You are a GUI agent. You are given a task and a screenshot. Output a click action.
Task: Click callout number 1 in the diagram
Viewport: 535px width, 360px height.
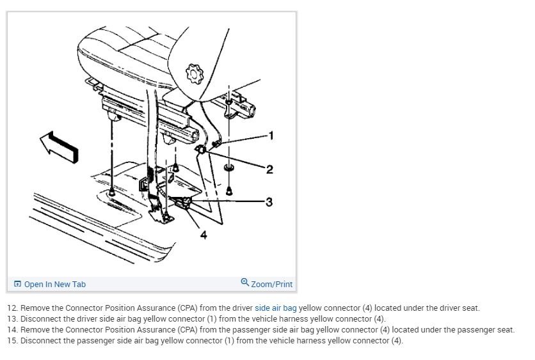coord(271,136)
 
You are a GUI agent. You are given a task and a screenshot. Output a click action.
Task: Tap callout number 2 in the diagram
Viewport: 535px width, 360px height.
coord(269,169)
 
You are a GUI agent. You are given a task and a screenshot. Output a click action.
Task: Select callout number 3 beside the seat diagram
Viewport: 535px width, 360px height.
coord(269,202)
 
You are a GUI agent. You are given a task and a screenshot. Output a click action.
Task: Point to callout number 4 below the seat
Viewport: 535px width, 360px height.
coord(204,235)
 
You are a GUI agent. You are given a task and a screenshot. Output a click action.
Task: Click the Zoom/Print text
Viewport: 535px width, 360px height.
coord(271,284)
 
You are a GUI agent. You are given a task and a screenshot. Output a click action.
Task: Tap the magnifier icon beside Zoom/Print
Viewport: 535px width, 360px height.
coord(244,283)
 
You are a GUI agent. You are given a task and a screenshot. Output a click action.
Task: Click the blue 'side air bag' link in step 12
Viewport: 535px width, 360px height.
coord(275,308)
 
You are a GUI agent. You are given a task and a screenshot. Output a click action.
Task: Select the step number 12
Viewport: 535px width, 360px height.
coord(12,308)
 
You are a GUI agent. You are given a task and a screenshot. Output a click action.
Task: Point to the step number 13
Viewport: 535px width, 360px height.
coord(12,318)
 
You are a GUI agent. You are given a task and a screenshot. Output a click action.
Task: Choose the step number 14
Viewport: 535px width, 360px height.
coord(12,329)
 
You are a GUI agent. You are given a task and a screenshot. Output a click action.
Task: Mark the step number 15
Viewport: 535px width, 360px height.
coord(12,340)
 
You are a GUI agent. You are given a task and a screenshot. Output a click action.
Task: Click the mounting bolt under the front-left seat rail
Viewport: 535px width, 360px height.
coord(112,191)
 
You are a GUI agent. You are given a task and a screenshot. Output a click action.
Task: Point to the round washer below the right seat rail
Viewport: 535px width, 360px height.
coord(229,168)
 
